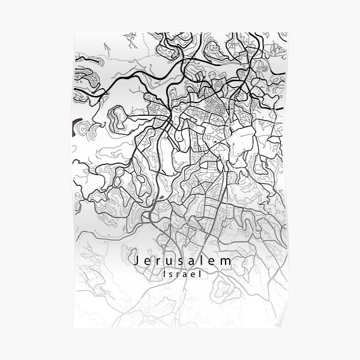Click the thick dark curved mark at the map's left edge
tap(74, 128)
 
